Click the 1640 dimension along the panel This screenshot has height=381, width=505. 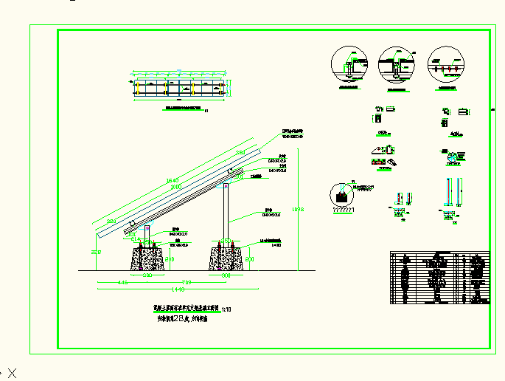coord(173,180)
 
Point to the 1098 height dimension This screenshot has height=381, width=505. coord(299,210)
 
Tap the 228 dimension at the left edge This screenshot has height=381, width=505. coord(95,253)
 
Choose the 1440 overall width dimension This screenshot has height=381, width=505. coord(178,288)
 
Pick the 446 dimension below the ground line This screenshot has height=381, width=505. coord(123,281)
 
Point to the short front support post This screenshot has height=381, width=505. coord(148,235)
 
